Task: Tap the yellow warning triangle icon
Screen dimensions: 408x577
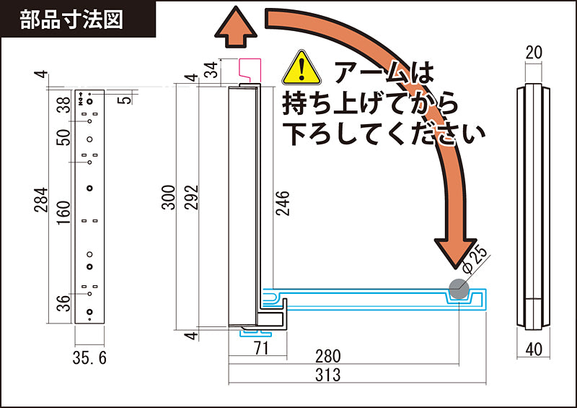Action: point(301,67)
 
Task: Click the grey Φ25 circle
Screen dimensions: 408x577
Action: point(459,290)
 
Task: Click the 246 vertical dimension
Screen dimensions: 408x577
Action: point(282,204)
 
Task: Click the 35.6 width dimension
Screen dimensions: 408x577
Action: point(90,357)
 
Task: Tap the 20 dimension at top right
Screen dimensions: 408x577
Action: point(534,52)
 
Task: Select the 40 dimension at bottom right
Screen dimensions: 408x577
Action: point(534,350)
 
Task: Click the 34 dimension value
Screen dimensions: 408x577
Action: point(211,69)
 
